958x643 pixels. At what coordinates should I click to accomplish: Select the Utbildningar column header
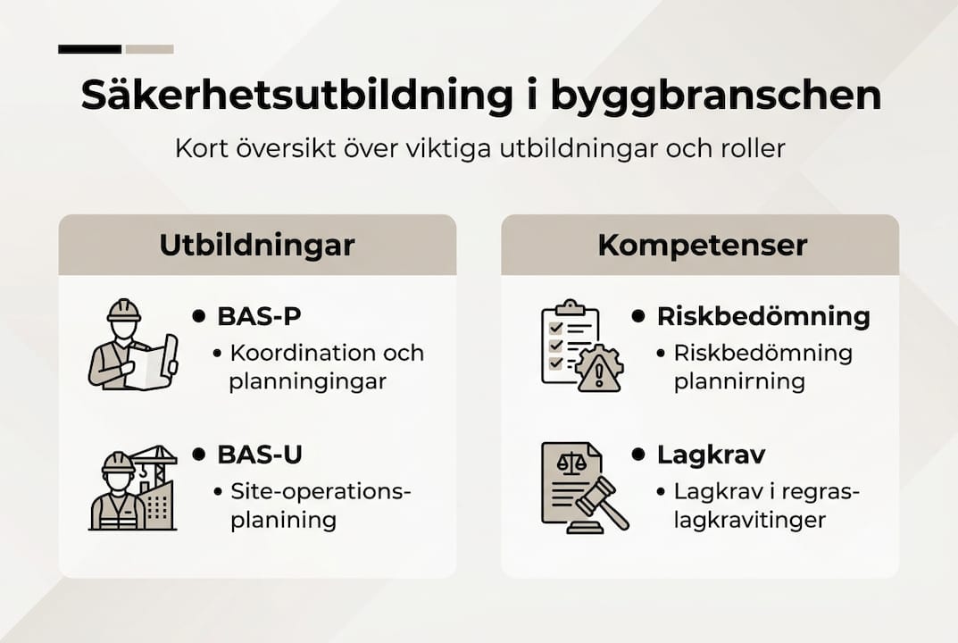point(257,246)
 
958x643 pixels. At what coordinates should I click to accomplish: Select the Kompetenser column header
point(702,246)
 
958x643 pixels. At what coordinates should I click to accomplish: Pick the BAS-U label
point(260,454)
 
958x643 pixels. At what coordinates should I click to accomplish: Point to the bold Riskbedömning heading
point(763,316)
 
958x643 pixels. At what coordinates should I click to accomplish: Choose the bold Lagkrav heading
point(711,454)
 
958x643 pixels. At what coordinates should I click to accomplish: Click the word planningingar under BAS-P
point(307,382)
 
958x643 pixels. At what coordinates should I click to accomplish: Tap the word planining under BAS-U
point(283,520)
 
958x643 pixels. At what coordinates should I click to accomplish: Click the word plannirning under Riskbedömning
point(739,382)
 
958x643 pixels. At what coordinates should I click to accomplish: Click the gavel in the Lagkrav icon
point(601,501)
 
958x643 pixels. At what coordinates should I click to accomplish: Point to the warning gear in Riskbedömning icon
point(599,368)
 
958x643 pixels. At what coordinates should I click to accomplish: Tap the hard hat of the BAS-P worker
point(124,311)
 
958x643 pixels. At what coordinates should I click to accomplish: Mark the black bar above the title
point(89,49)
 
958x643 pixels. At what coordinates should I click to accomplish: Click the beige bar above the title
point(149,49)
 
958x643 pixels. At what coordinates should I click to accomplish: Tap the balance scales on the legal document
point(567,463)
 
